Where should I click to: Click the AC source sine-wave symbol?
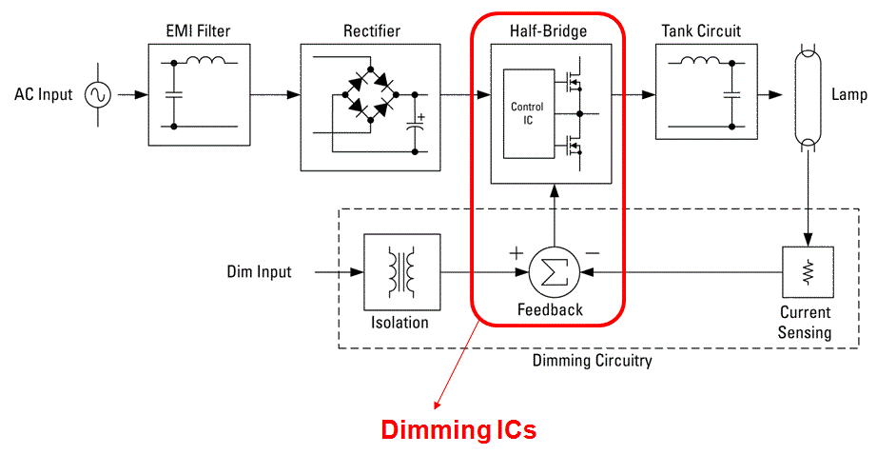98,95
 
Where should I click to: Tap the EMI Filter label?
198,30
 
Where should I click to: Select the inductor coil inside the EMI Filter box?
205,59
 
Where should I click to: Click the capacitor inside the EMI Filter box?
174,94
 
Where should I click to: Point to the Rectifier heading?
372,30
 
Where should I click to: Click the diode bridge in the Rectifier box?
370,94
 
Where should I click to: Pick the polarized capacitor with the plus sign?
415,126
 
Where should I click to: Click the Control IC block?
529,113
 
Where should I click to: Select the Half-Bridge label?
548,30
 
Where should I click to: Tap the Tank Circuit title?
701,30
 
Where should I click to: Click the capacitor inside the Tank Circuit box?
731,94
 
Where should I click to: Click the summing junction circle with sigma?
555,272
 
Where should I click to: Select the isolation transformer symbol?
402,271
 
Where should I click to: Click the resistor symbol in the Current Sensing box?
808,272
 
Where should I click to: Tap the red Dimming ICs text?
458,430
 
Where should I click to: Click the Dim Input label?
259,272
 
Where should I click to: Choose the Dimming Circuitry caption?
593,361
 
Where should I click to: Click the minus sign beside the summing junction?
593,253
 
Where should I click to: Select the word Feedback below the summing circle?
550,309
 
